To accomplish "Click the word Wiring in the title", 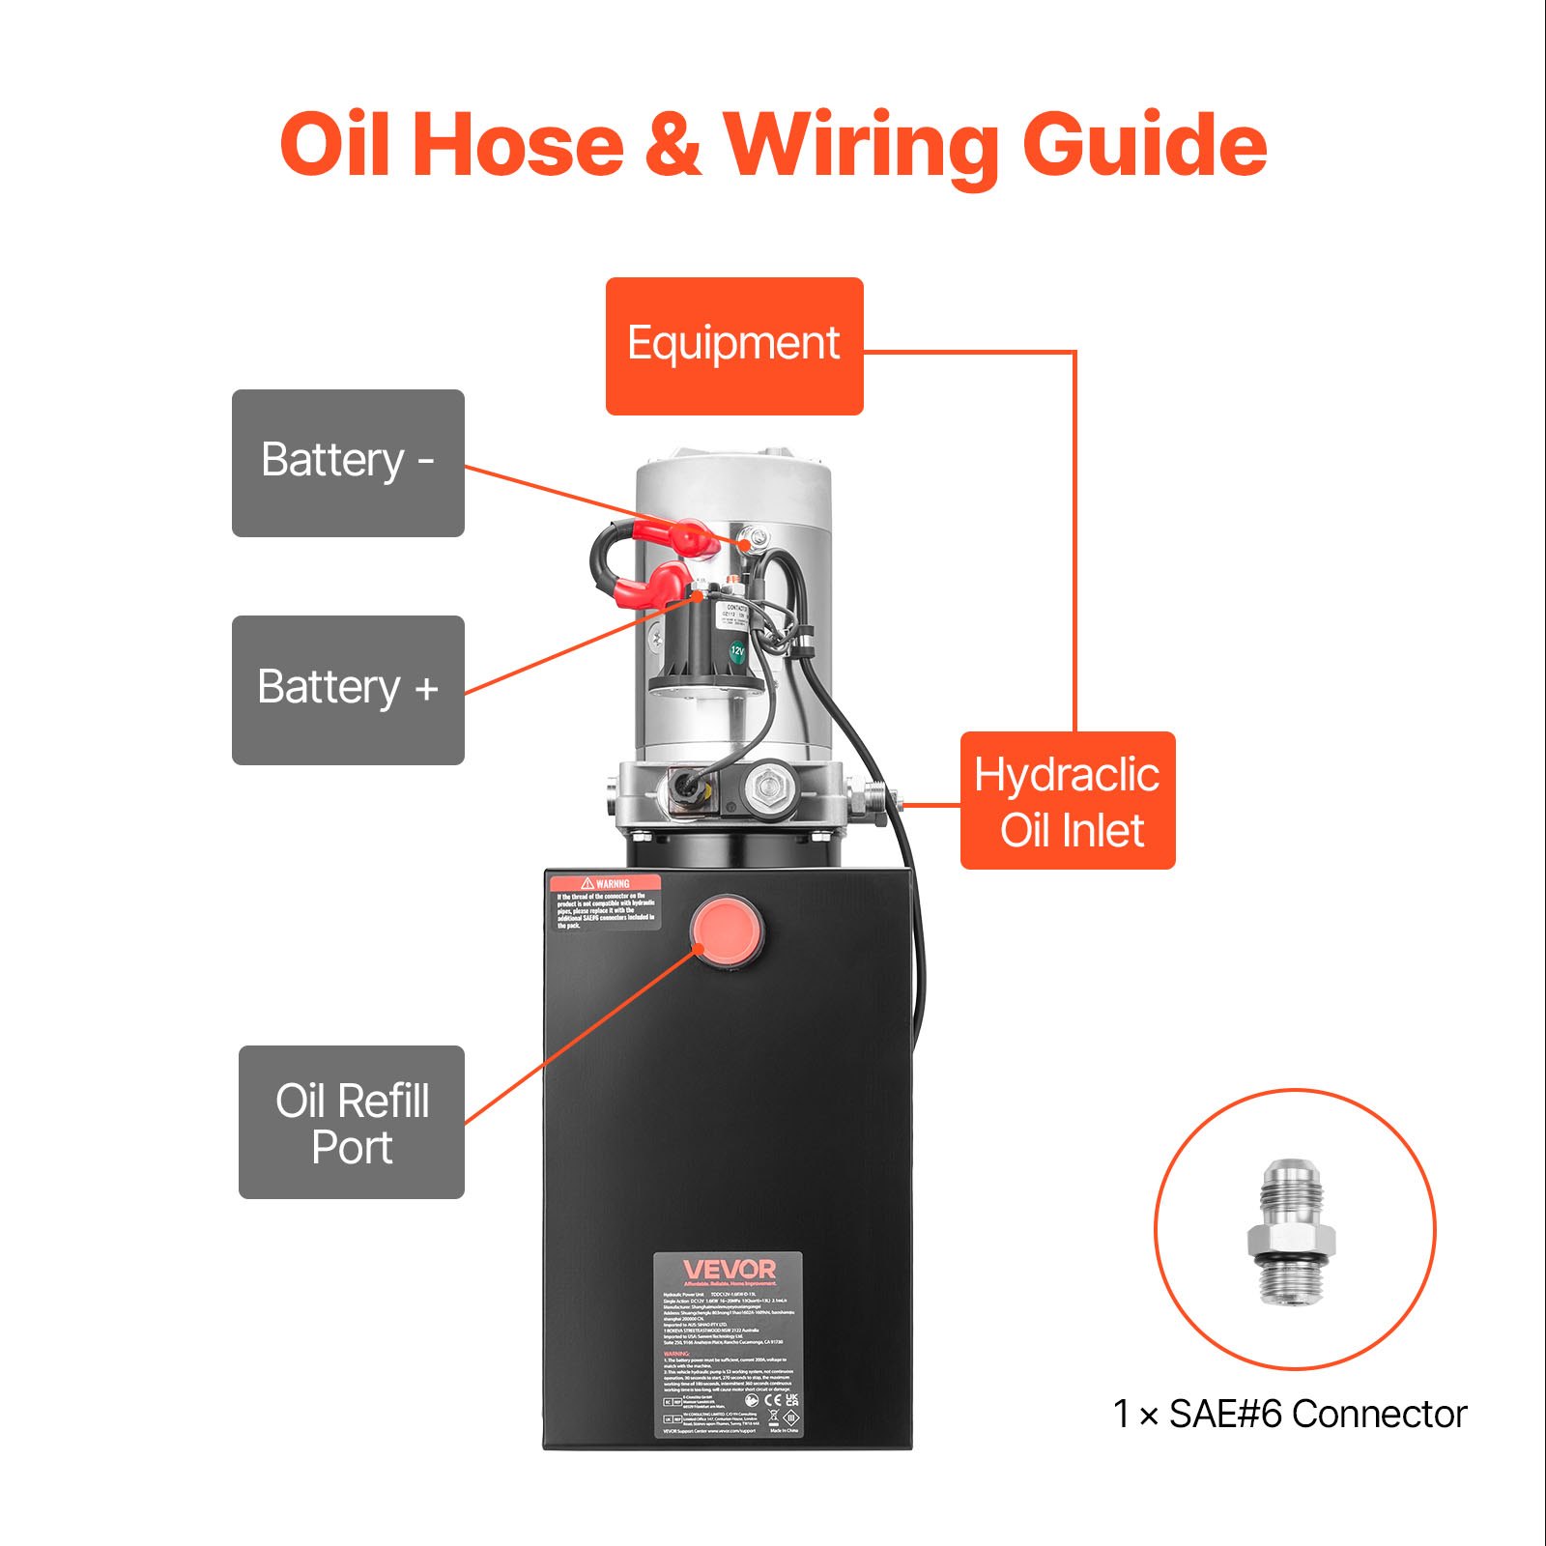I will click(x=864, y=145).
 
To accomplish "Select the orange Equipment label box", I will click(x=734, y=346).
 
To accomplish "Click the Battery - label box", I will click(x=348, y=463).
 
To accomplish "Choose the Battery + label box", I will click(x=348, y=690).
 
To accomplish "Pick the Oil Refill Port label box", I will click(x=352, y=1123).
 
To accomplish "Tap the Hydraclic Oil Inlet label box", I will click(x=1068, y=801).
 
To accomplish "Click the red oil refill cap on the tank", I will click(x=726, y=930).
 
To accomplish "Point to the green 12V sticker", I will click(x=737, y=651).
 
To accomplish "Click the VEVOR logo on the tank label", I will click(x=730, y=1269).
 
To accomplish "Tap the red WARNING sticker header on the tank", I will click(x=606, y=883).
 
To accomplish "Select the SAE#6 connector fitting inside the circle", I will click(x=1292, y=1232).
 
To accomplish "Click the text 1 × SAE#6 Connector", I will click(x=1290, y=1415).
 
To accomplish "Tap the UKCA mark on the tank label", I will click(x=792, y=1398).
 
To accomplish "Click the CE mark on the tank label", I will click(x=772, y=1399).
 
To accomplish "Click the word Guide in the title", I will click(x=1145, y=145).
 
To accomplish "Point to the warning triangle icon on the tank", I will click(x=587, y=883).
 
